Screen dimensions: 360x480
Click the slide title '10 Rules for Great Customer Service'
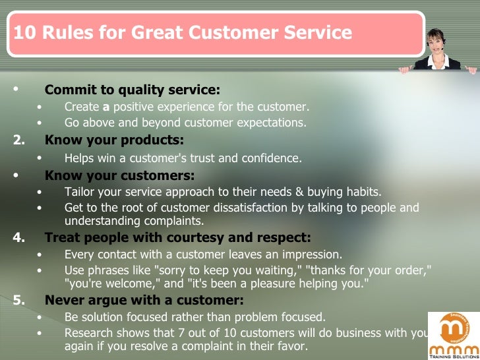pos(183,33)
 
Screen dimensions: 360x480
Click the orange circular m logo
pos(454,327)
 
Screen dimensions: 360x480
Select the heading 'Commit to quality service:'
pos(132,90)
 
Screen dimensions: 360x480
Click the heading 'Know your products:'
pos(114,140)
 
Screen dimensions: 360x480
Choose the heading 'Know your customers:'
pos(119,175)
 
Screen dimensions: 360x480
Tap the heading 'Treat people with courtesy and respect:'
pos(177,238)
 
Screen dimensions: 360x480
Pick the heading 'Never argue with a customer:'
pos(144,301)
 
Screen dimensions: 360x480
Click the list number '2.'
pos(20,140)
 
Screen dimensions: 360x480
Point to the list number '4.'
pos(20,238)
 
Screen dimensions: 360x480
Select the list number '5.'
pos(20,301)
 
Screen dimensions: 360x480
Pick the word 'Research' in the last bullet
pos(88,332)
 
